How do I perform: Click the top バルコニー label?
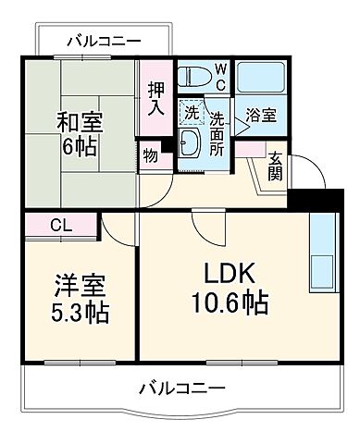click(x=104, y=42)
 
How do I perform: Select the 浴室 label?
click(x=260, y=116)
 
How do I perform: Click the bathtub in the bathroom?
click(x=260, y=78)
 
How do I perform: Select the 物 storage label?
click(x=150, y=156)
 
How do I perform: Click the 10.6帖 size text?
click(x=230, y=302)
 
